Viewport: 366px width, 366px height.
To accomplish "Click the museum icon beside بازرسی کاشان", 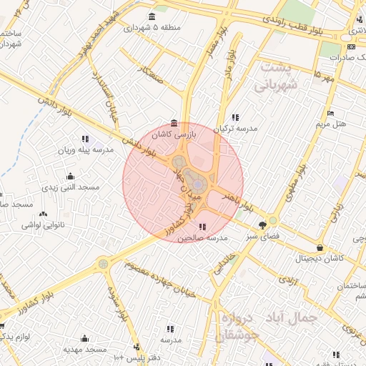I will [x=174, y=122].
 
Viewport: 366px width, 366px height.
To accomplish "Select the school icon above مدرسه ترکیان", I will [x=236, y=117].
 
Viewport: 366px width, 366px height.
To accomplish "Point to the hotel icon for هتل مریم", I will [x=330, y=113].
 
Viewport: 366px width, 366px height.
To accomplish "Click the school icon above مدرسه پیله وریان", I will [x=85, y=139].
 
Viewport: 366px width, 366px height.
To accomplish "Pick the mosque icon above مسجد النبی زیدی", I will [x=69, y=176].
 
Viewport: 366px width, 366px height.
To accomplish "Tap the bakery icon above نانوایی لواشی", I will [x=44, y=214].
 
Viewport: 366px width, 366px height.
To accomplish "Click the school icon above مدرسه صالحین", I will [x=200, y=226].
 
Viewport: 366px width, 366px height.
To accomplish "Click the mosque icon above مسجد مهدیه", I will [x=85, y=338].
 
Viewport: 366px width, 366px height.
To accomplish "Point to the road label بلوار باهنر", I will [x=239, y=201].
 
